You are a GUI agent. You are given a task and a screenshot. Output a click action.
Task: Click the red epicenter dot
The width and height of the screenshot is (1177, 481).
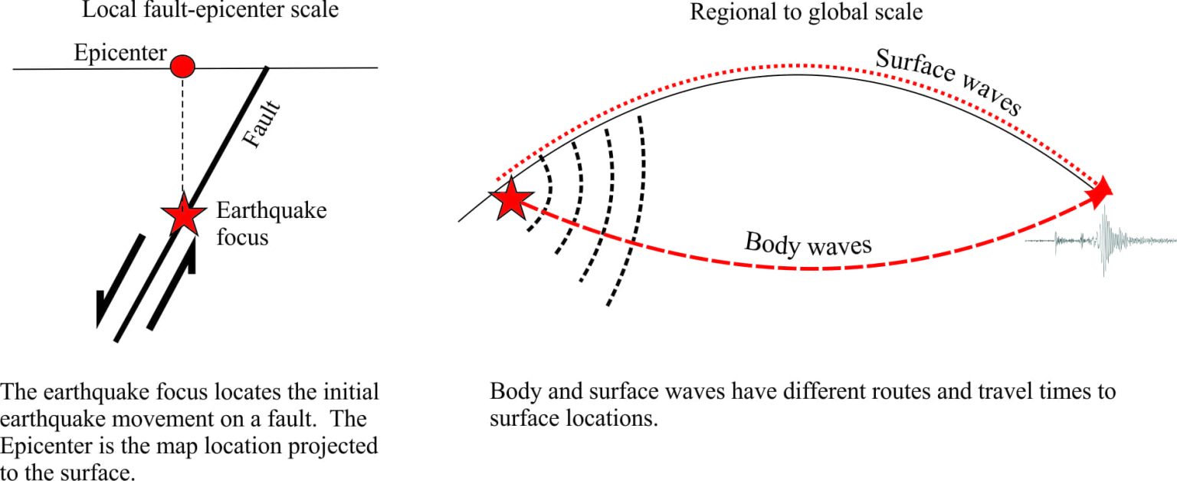pos(182,67)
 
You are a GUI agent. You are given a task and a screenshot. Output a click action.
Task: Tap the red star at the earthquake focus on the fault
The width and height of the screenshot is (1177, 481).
pos(184,214)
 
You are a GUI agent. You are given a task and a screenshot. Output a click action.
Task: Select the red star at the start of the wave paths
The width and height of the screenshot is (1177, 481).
pos(511,199)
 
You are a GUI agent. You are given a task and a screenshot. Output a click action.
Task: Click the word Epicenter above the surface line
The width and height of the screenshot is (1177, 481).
pos(120,52)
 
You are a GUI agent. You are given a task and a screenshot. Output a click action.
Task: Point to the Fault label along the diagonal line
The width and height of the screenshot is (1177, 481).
pos(261,124)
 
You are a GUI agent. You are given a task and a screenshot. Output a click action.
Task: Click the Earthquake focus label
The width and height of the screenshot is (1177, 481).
pos(272,224)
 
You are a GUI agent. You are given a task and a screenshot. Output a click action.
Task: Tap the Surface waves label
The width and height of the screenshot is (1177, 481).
pos(949,81)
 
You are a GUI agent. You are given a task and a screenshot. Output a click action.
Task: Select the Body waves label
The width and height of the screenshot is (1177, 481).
pos(808,244)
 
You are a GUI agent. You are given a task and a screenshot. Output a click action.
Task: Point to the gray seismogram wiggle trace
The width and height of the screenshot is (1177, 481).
pos(1101,241)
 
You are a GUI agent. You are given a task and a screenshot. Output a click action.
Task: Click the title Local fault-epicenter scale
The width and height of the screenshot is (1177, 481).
pos(210,11)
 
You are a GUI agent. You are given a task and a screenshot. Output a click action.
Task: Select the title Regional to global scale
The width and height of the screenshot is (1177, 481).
pos(806,12)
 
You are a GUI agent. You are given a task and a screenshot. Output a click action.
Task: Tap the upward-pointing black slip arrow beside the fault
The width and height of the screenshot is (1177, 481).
pos(172,282)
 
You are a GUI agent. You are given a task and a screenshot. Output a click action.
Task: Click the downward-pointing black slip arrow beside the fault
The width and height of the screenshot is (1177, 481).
pos(120,282)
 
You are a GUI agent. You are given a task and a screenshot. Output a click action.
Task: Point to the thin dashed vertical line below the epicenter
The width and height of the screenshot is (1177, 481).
pos(183,136)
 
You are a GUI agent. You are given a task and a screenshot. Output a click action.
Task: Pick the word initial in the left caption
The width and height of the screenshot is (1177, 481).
pos(351,392)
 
